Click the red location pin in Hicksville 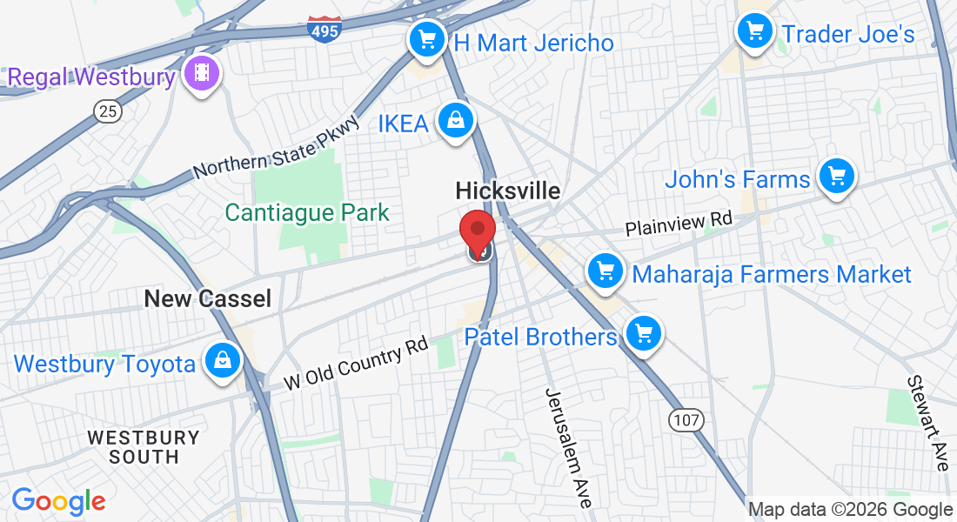point(477,230)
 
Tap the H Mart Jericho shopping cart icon point(426,39)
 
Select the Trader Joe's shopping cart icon point(754,33)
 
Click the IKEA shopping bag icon point(455,121)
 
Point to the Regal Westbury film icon point(203,76)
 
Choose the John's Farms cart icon point(837,177)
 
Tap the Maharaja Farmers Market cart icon point(606,272)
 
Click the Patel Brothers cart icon point(644,333)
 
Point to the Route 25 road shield point(108,110)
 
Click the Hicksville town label point(508,191)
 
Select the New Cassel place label point(207,299)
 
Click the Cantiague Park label point(307,211)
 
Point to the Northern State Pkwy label point(276,147)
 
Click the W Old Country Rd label point(357,365)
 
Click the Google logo point(58,501)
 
